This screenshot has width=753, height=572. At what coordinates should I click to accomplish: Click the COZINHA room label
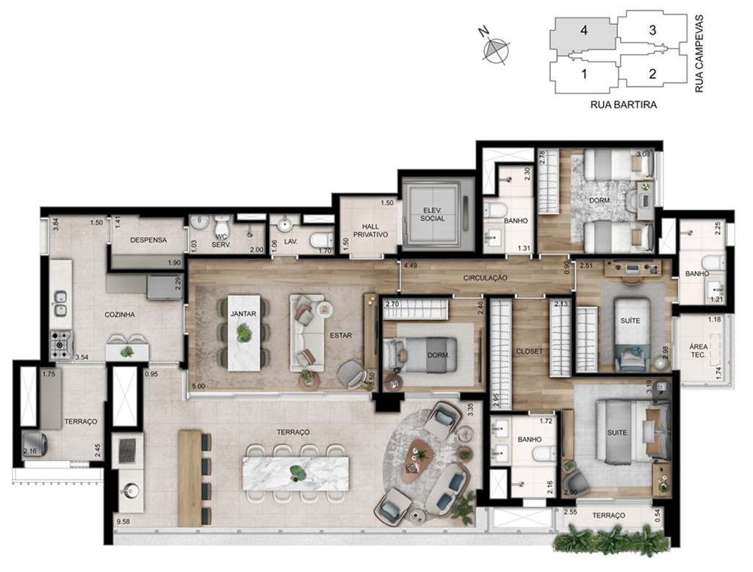(120, 315)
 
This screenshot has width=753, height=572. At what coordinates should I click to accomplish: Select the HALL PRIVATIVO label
(370, 231)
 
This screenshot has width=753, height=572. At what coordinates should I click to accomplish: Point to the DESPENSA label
(148, 240)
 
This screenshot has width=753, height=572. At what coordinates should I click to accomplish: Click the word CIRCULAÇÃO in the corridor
(485, 278)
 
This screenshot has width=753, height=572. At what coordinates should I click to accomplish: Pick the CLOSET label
(529, 351)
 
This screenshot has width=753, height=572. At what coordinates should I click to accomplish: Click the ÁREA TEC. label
(698, 350)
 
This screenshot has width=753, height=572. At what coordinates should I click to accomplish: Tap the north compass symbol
(495, 48)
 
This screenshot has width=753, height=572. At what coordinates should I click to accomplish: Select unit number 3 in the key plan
(652, 30)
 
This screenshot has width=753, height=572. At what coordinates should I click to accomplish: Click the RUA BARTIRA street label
(624, 104)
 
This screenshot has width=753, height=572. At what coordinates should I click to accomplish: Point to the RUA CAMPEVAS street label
(699, 54)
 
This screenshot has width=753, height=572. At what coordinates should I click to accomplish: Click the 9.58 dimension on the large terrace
(123, 520)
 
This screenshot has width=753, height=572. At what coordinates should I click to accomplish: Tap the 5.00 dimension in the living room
(198, 385)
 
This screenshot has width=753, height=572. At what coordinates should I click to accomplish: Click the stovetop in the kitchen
(61, 344)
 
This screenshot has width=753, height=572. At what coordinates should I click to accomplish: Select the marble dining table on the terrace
(296, 473)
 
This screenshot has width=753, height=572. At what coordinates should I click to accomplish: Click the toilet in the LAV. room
(322, 239)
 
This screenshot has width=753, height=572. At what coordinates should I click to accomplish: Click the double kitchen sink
(60, 304)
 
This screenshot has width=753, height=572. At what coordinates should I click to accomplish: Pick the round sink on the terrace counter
(131, 490)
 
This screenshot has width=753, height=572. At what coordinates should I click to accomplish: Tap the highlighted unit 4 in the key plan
(583, 34)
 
